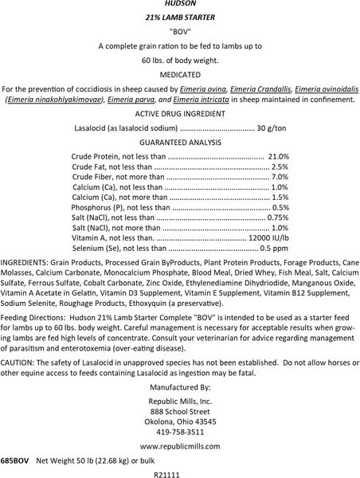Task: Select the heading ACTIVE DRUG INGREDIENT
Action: (x=179, y=115)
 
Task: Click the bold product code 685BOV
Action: (x=15, y=461)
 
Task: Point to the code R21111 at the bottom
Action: (x=179, y=473)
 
